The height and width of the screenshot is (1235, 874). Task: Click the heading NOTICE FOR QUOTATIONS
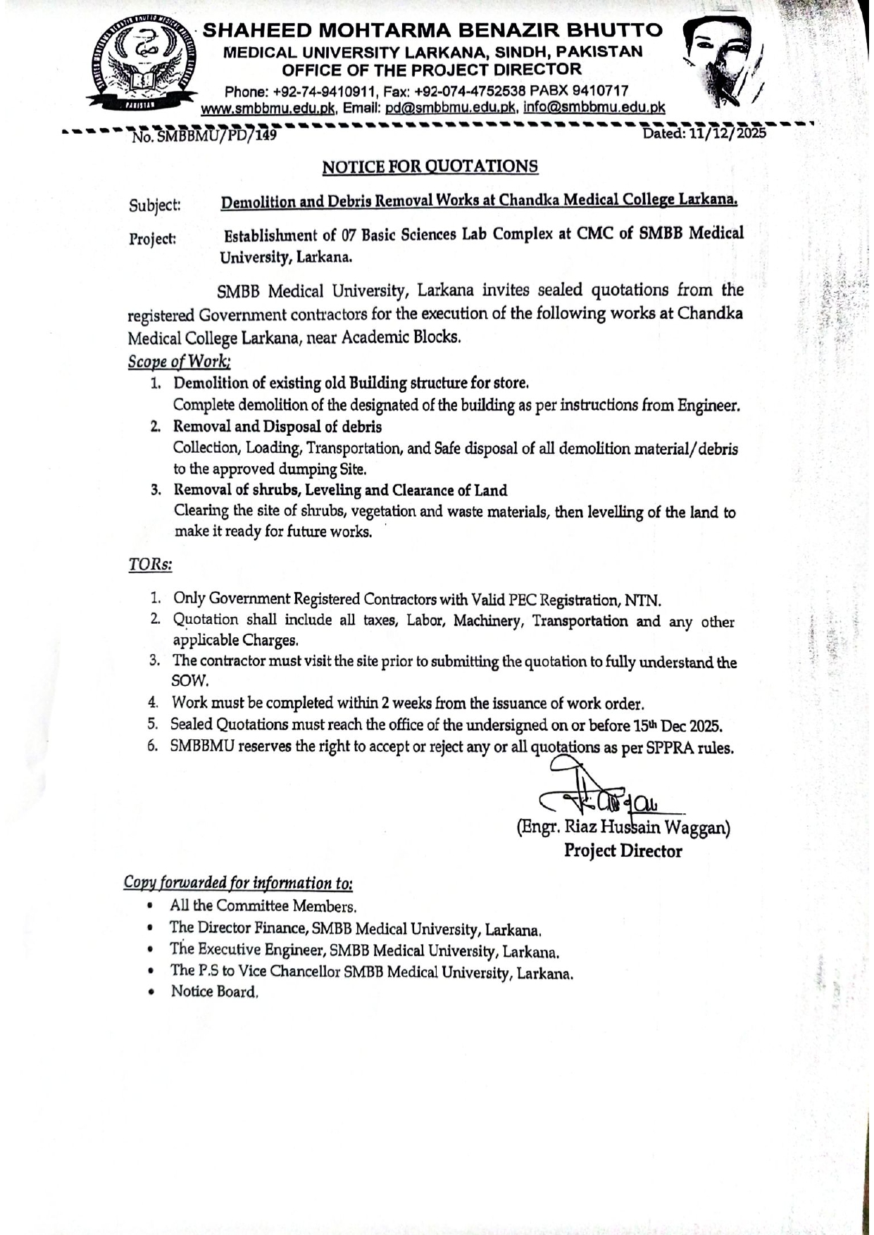[430, 167]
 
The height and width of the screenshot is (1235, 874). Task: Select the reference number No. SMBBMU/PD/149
[204, 135]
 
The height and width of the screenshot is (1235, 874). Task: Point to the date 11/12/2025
[728, 133]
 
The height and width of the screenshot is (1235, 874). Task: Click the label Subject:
[154, 206]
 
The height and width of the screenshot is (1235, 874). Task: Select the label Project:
[152, 239]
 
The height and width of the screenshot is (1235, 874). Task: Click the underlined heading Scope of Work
[179, 361]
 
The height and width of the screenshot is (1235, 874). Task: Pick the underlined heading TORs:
[150, 565]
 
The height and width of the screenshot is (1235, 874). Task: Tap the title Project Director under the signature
[623, 851]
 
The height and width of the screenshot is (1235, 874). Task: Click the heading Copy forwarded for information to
[238, 882]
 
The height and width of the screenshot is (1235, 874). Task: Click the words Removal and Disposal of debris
[277, 427]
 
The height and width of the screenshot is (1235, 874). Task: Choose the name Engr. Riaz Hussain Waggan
[623, 827]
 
